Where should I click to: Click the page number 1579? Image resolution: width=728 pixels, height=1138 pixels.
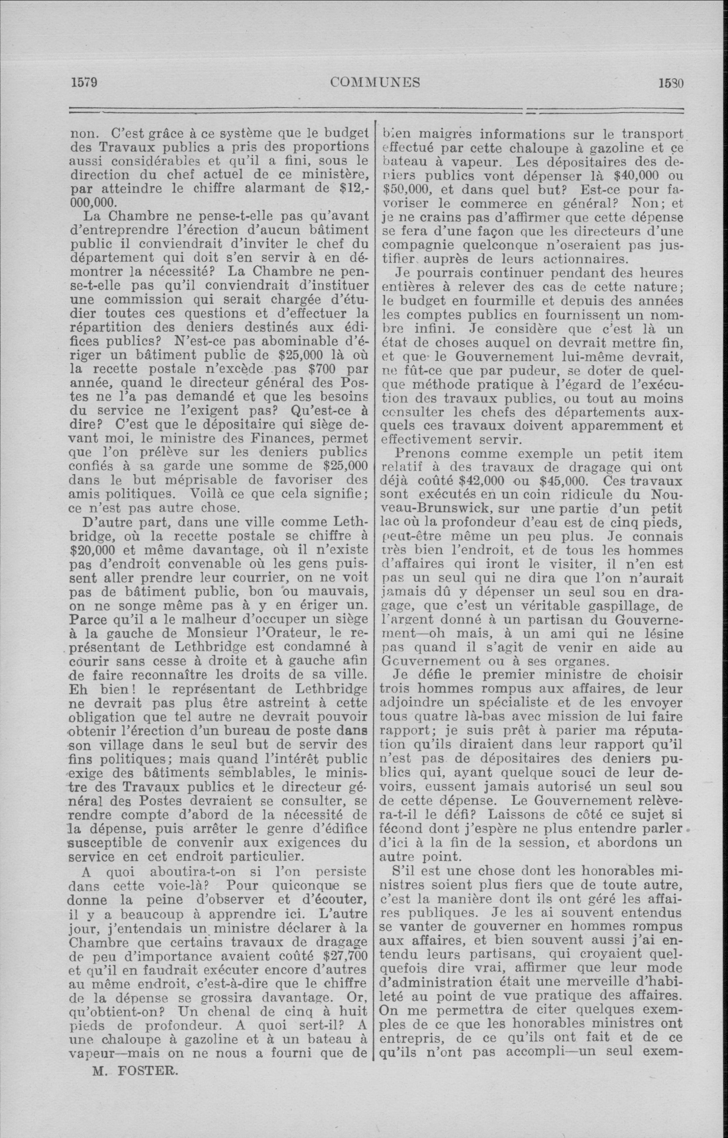point(84,83)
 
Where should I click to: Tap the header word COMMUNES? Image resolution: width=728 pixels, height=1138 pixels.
point(375,83)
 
